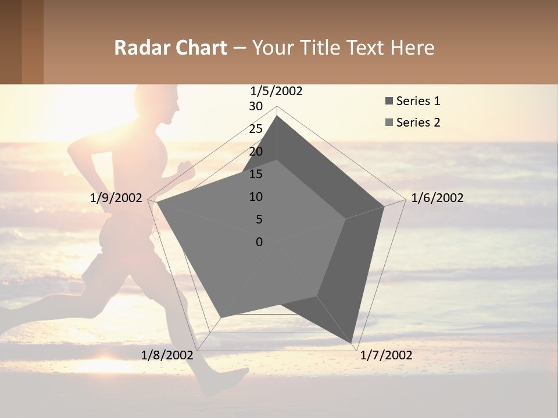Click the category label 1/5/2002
click(x=276, y=91)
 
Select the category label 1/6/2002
click(x=437, y=198)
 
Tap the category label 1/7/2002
click(x=386, y=355)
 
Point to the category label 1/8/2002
click(x=167, y=355)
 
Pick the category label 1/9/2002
click(x=116, y=198)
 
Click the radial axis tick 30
click(x=256, y=106)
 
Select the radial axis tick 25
click(x=256, y=129)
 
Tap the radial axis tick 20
click(x=256, y=152)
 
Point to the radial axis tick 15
click(x=256, y=174)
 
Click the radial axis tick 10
click(x=256, y=197)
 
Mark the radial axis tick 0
click(x=259, y=242)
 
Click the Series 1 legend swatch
click(x=388, y=102)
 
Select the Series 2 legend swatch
click(x=388, y=122)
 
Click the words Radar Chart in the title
click(x=170, y=48)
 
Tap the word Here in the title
click(x=412, y=48)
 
